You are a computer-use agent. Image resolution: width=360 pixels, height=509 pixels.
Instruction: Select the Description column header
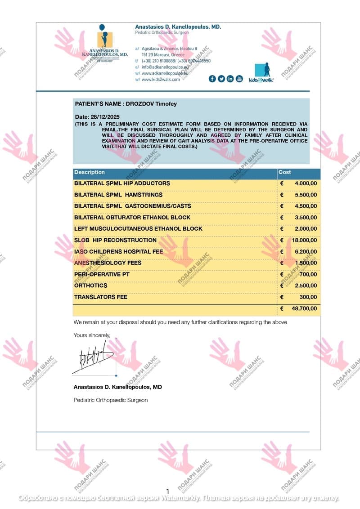(89, 172)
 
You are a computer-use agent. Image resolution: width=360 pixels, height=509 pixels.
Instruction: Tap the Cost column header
(285, 172)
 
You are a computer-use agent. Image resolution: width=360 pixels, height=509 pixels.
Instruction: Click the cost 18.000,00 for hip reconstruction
(305, 240)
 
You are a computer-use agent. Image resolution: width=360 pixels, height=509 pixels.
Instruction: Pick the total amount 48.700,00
(305, 308)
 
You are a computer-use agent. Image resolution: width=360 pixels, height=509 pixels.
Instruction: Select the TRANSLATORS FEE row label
(100, 297)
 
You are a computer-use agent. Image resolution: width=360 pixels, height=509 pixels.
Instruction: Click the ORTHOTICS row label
(90, 286)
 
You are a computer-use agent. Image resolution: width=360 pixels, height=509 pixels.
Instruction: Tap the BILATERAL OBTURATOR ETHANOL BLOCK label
(132, 217)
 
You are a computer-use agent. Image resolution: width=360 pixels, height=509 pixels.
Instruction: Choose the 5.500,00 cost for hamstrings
(306, 195)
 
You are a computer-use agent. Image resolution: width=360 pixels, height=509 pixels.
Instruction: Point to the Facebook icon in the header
(212, 79)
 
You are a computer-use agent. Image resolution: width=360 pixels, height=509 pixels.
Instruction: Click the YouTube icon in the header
(239, 79)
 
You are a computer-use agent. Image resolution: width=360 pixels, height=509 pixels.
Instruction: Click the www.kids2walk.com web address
(161, 79)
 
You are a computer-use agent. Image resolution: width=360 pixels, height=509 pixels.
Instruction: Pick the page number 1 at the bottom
(167, 491)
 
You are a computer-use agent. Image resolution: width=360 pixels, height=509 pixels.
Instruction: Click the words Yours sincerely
(92, 335)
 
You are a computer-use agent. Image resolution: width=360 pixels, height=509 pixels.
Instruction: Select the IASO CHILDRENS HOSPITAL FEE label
(118, 251)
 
